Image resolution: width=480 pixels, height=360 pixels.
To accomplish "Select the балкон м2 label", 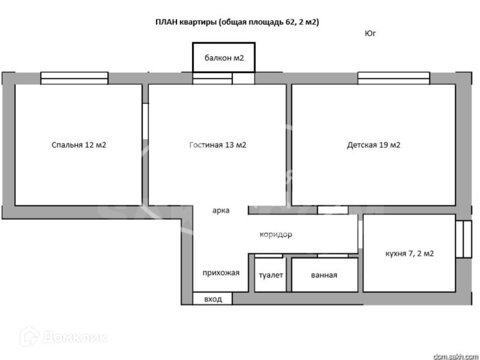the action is coord(224,58).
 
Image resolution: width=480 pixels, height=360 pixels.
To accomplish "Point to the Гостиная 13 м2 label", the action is coord(217,145).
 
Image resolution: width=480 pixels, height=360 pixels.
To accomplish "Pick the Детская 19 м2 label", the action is coord(373,145).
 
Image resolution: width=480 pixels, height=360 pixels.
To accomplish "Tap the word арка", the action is coord(220,210).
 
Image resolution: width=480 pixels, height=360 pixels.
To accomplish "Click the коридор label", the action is coord(275,235).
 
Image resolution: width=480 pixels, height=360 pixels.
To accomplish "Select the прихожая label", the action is coord(221,273).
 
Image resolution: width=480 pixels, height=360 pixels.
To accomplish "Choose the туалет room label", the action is coord(271,275).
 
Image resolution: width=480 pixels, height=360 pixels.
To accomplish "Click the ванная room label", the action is coord(324,275).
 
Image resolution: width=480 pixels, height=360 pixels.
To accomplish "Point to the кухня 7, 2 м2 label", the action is coord(410,254).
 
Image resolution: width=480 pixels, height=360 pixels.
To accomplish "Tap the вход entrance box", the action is coord(212,299).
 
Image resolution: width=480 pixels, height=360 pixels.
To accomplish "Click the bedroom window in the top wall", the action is coord(74,79).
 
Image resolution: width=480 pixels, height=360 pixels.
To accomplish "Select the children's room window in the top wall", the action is coord(393,79).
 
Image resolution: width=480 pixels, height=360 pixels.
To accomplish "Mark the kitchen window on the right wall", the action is coord(464,239).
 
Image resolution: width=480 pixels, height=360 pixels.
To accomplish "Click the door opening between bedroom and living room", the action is coord(145,121).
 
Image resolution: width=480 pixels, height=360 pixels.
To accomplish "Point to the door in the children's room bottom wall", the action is coord(332,210).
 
